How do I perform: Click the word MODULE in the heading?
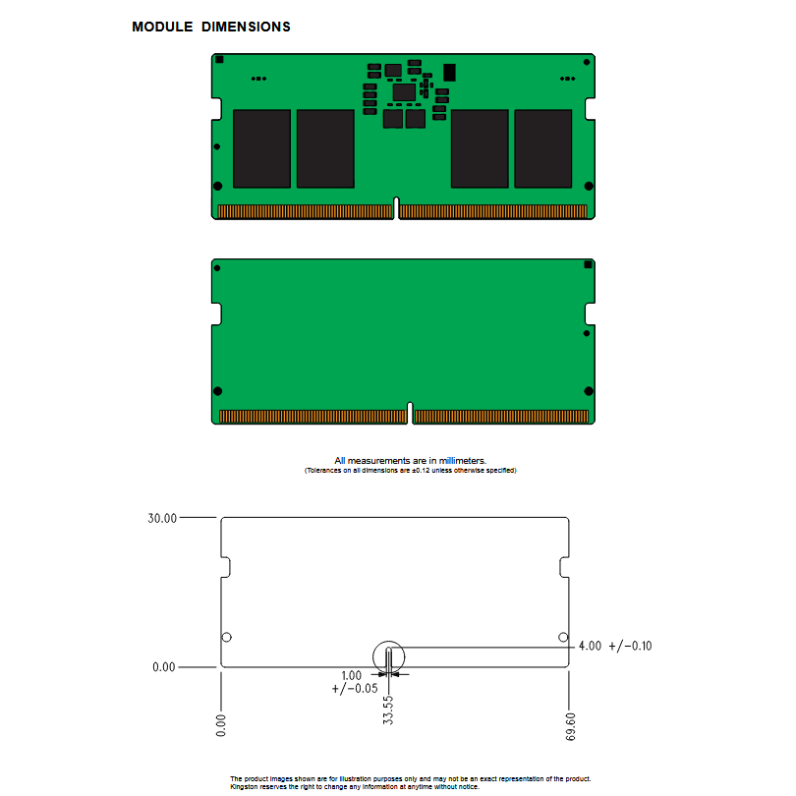point(162,27)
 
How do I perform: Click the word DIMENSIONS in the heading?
point(247,27)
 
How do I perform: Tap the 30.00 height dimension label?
point(162,518)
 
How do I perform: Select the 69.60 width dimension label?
point(571,726)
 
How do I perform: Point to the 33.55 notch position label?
point(388,710)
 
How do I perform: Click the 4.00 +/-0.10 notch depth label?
point(615,646)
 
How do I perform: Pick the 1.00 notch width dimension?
point(351,676)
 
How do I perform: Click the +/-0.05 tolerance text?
point(355,688)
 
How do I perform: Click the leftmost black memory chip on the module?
point(262,148)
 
